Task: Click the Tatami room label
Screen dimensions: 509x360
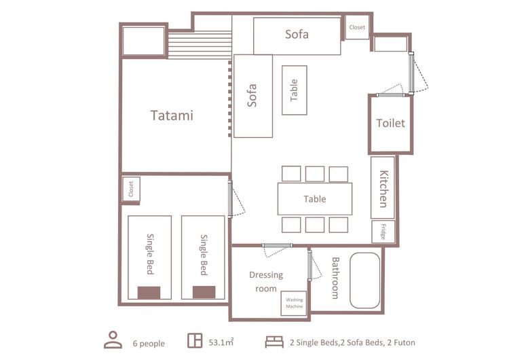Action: click(172, 115)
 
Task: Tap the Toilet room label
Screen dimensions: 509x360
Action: click(390, 123)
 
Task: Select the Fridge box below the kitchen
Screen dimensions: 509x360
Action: click(383, 232)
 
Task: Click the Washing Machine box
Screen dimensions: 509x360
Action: click(294, 303)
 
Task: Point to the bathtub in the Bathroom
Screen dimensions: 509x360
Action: click(365, 281)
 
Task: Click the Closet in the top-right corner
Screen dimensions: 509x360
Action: click(357, 27)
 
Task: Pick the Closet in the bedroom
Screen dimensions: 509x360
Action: click(131, 189)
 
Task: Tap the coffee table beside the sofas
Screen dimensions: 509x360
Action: click(295, 90)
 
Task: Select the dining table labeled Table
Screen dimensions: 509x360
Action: click(315, 199)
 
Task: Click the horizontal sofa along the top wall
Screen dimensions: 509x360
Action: click(297, 36)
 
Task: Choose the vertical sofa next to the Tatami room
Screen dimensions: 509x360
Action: click(253, 96)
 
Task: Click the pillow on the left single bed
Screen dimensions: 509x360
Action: click(149, 293)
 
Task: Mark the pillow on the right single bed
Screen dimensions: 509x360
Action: click(204, 292)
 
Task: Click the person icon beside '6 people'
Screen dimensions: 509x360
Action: click(113, 340)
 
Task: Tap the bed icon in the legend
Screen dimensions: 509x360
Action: click(274, 342)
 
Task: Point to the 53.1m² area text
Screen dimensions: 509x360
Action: click(221, 342)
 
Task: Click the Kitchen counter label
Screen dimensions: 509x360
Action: click(383, 189)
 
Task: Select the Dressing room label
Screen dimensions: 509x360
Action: click(266, 282)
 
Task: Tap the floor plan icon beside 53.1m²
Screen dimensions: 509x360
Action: click(195, 340)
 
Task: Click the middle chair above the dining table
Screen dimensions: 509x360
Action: click(315, 174)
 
